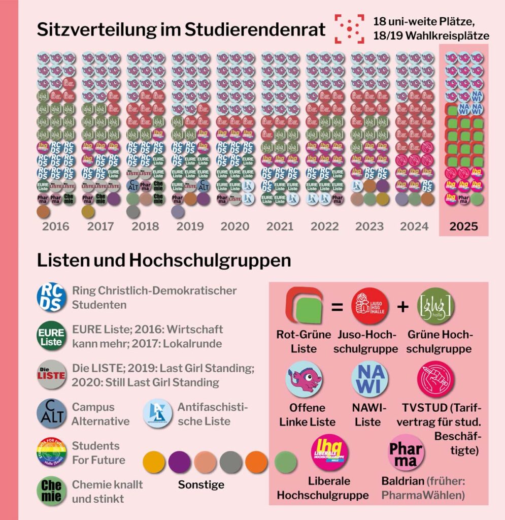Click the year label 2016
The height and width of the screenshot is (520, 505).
[56, 226]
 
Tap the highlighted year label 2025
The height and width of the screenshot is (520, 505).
[463, 226]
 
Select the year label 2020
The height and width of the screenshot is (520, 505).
[235, 226]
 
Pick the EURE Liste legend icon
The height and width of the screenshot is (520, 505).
[51, 336]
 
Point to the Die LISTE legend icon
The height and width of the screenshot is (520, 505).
[51, 375]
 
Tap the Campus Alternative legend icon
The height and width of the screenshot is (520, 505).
[51, 413]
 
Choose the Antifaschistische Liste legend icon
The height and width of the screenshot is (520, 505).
[158, 413]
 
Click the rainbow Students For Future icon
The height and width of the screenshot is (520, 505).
[51, 452]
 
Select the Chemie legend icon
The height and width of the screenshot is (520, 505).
[51, 491]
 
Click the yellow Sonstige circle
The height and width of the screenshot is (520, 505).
[154, 463]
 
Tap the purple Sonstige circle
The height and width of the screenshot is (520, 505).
[180, 463]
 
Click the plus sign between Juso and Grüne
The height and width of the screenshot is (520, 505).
[402, 308]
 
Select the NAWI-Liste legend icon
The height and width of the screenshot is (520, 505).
[369, 379]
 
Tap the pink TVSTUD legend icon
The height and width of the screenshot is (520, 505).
[435, 379]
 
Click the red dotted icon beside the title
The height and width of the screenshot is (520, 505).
[349, 29]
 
